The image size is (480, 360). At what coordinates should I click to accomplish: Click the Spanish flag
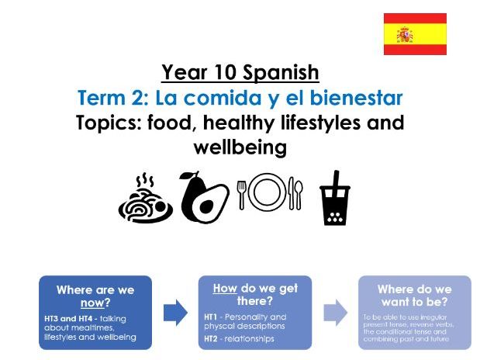pyautogui.click(x=415, y=34)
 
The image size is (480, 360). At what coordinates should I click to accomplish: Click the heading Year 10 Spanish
pyautogui.click(x=240, y=73)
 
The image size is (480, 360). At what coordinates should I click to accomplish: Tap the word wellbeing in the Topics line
pyautogui.click(x=240, y=146)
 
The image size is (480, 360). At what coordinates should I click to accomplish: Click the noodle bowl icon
pyautogui.click(x=145, y=199)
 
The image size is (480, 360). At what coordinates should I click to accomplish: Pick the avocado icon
pyautogui.click(x=203, y=196)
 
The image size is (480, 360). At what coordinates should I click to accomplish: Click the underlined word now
pyautogui.click(x=92, y=303)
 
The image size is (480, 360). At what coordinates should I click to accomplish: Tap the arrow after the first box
pyautogui.click(x=176, y=313)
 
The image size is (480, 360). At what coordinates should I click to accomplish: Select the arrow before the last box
pyautogui.click(x=335, y=313)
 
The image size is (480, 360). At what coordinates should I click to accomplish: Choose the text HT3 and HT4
pyautogui.click(x=69, y=318)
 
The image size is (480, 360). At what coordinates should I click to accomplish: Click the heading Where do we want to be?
pyautogui.click(x=414, y=296)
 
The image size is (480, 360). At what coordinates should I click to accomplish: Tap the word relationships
pyautogui.click(x=250, y=339)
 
